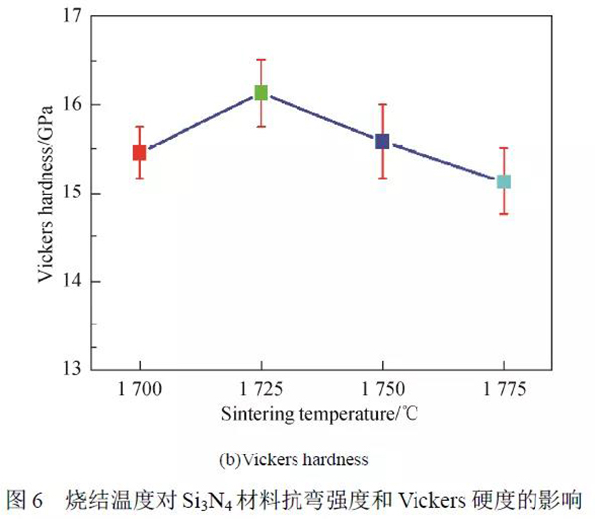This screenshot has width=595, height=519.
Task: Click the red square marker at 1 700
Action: [x=139, y=152]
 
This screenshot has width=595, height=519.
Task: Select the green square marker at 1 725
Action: [x=261, y=92]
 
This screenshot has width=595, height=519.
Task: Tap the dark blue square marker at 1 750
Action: [x=382, y=141]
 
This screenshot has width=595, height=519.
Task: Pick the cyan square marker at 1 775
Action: [x=504, y=181]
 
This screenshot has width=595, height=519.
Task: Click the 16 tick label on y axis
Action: [x=70, y=105]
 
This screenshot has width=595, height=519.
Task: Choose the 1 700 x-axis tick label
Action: [x=139, y=388]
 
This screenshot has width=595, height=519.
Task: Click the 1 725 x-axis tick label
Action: [x=261, y=388]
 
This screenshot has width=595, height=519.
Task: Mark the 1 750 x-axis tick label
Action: [x=382, y=388]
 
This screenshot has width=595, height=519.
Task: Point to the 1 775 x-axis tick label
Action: [x=504, y=388]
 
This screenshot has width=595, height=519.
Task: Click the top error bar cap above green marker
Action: [x=261, y=60]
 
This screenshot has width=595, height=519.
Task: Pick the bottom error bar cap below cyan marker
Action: [x=504, y=213]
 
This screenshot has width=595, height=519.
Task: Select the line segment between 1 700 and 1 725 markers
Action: [x=199, y=122]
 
